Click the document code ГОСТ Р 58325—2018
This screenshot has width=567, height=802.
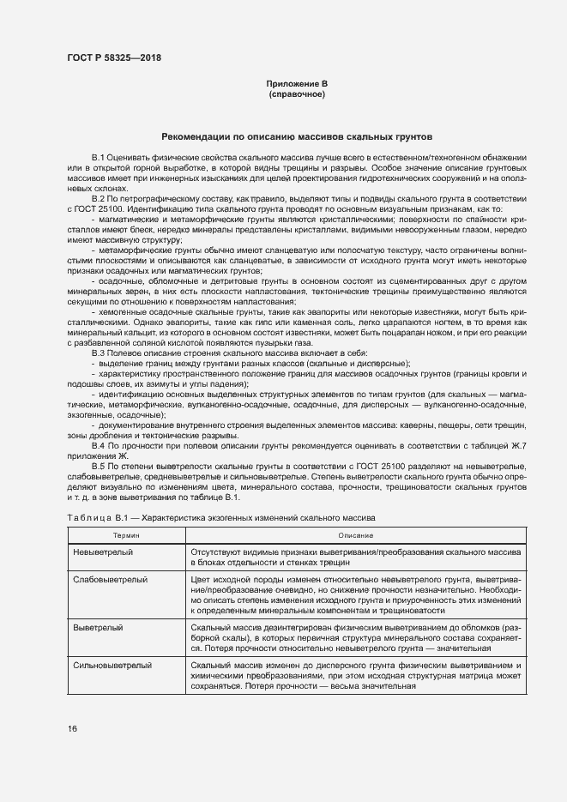[x=113, y=58]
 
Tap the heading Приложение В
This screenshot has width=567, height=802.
[x=297, y=83]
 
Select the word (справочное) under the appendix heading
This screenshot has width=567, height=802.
[x=297, y=93]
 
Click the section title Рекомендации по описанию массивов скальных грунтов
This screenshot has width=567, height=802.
[x=297, y=137]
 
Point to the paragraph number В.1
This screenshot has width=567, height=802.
[x=98, y=159]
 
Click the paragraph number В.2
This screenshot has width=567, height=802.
[x=98, y=199]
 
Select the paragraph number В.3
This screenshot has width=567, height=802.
[x=98, y=353]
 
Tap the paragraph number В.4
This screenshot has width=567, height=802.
[x=98, y=446]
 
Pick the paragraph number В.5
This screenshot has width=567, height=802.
[x=98, y=466]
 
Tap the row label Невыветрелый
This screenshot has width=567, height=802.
[x=102, y=553]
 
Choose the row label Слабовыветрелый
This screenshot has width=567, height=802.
[x=111, y=581]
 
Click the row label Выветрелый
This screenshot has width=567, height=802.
[x=95, y=629]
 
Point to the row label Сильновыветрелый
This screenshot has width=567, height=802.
[x=112, y=666]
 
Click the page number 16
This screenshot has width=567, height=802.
[x=72, y=729]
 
